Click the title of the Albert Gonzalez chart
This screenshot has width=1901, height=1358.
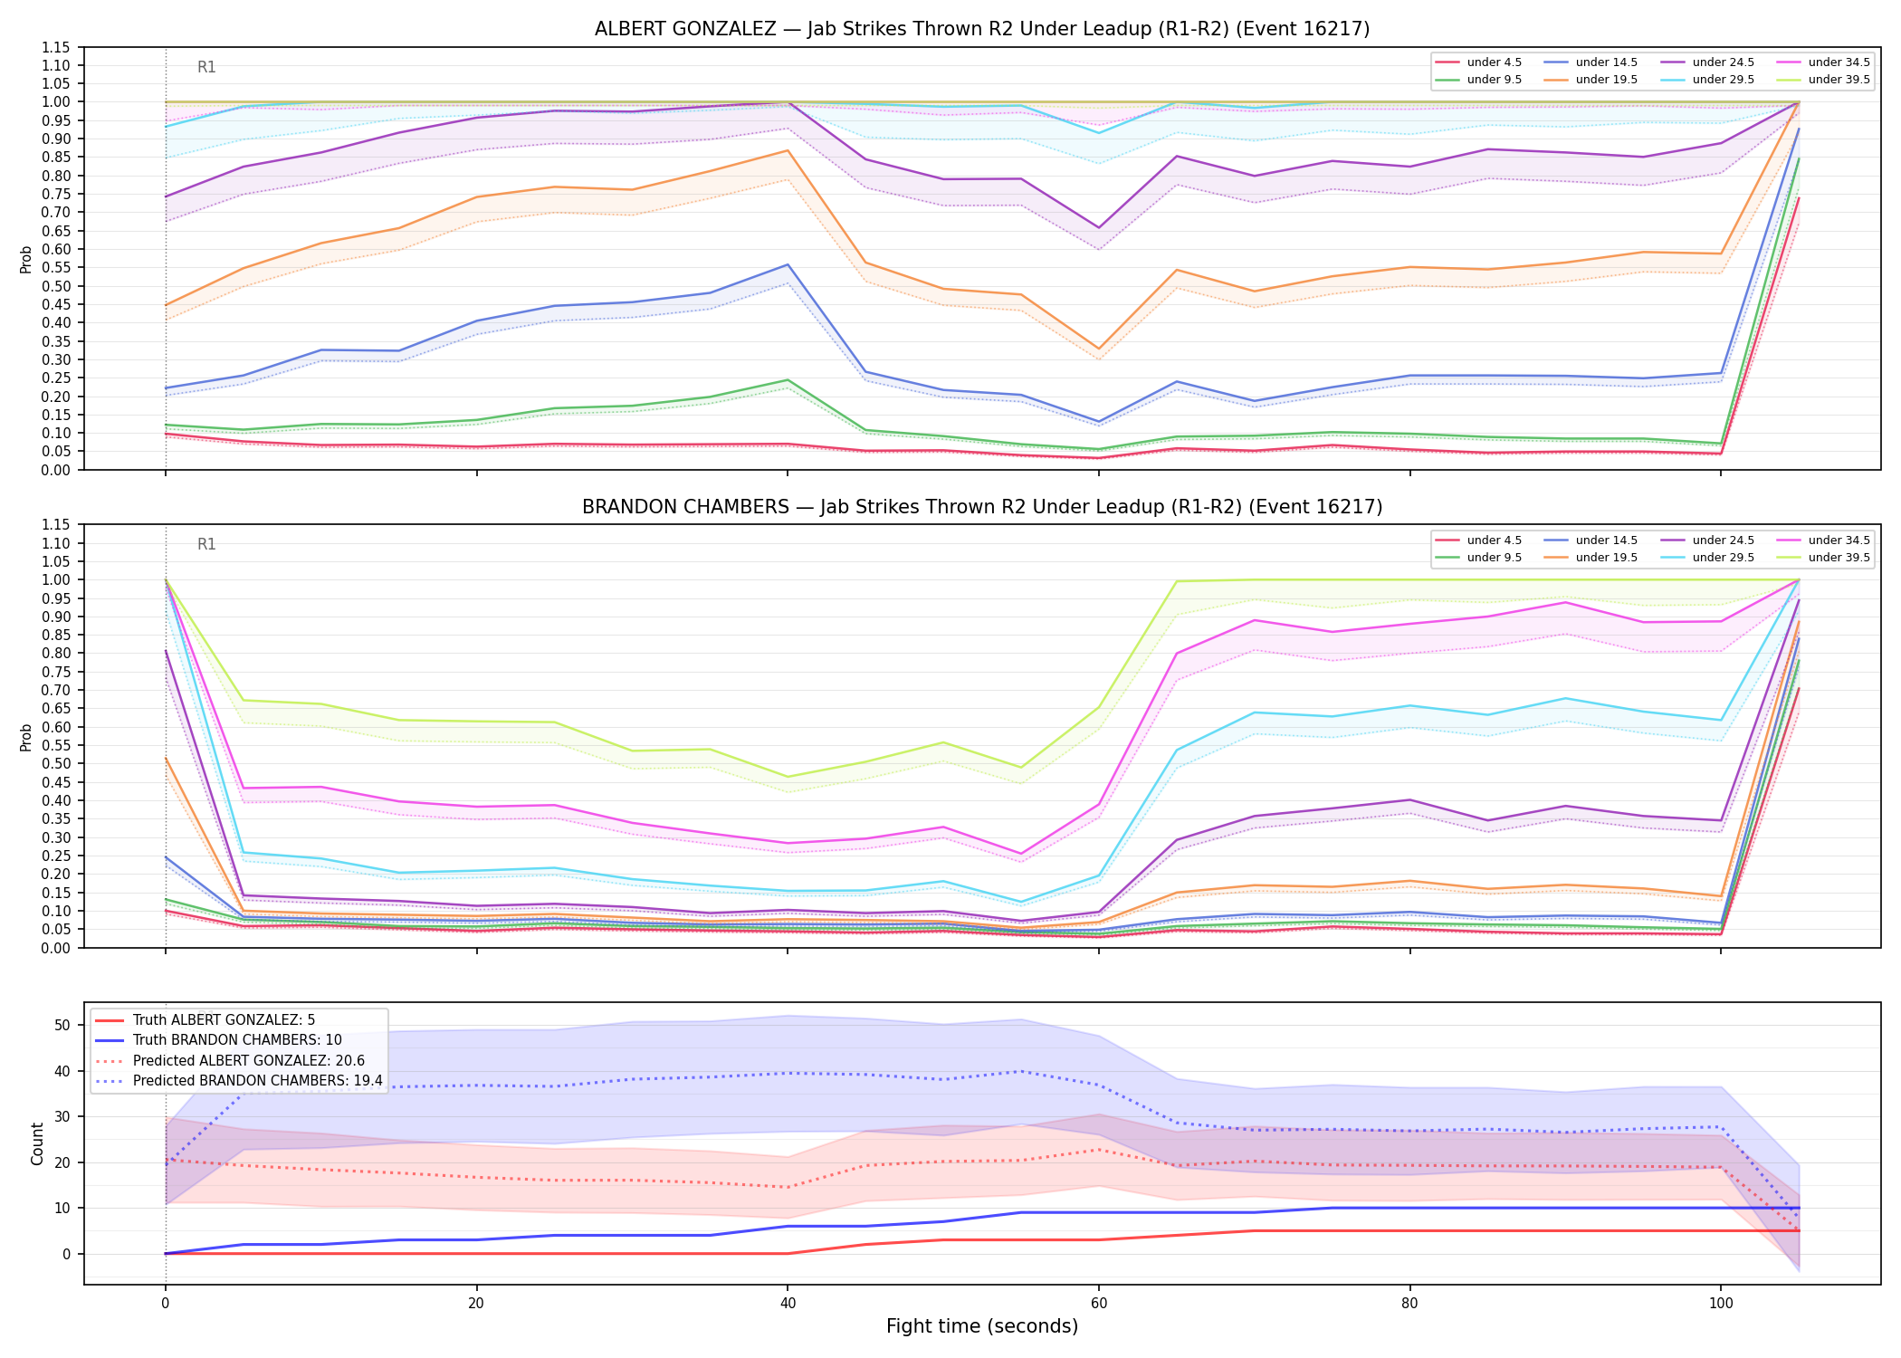click(982, 29)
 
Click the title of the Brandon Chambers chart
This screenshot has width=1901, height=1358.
click(982, 507)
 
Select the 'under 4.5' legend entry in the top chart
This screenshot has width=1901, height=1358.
click(1479, 62)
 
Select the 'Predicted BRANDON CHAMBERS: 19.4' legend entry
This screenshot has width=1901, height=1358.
click(238, 1081)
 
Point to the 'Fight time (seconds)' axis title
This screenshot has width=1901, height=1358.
click(982, 1326)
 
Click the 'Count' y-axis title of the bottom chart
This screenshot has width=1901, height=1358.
click(37, 1143)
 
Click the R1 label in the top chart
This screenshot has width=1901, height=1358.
click(206, 67)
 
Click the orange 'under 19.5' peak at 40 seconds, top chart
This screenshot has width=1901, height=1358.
click(788, 150)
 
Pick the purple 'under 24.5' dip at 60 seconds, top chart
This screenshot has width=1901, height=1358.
click(1099, 227)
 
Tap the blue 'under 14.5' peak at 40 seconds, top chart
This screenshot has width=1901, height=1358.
click(788, 264)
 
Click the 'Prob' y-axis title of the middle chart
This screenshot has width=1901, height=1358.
click(26, 737)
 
